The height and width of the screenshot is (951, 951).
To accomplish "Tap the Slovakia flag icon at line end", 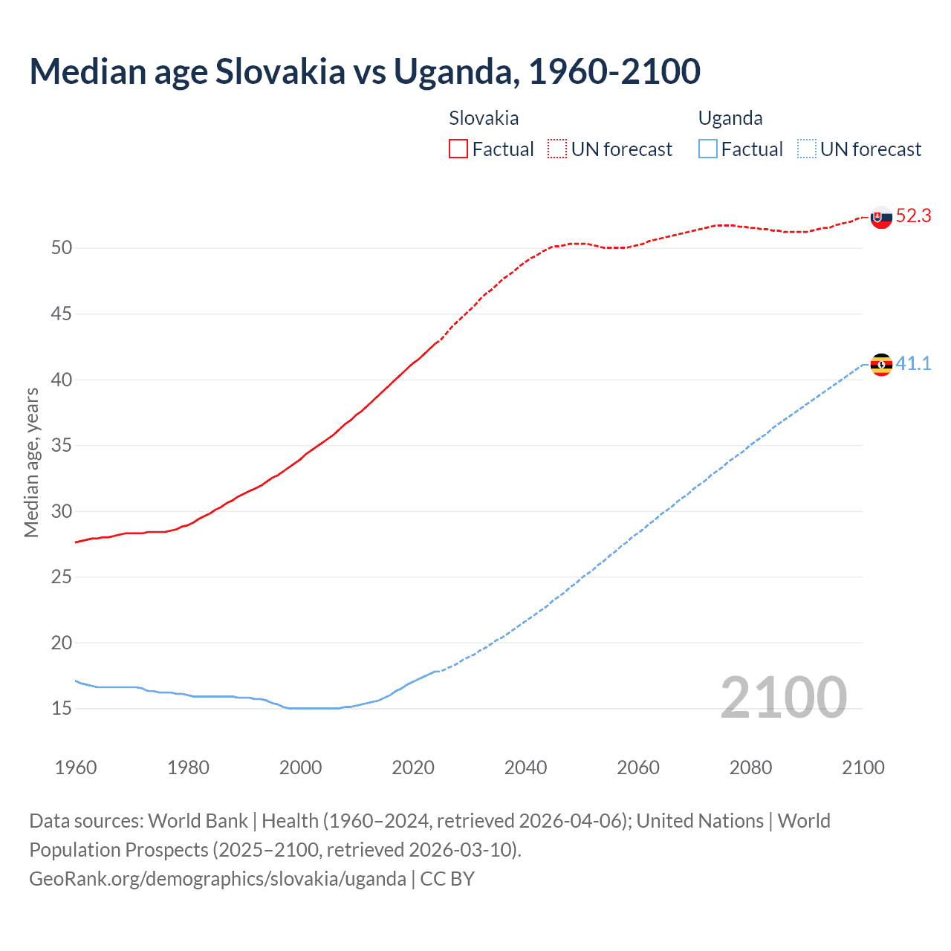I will pos(881,218).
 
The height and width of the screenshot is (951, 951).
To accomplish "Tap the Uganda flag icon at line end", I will pos(881,365).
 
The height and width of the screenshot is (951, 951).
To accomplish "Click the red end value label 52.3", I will pos(913,216).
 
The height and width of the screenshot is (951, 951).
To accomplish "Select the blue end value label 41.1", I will pos(913,363).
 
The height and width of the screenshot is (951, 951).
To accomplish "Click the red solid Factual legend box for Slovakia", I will pos(458,149).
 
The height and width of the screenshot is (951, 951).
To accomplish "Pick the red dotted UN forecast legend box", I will pos(557,149).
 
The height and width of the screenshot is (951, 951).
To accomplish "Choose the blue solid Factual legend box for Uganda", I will pos(708,149).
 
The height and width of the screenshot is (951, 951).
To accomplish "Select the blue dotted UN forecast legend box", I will pos(806,149).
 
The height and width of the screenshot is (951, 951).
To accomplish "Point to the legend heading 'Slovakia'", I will pos(484,118).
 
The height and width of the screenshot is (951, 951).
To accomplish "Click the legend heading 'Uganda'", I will pos(730,118).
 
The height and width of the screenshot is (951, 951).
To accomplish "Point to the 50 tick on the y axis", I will pos(62,248).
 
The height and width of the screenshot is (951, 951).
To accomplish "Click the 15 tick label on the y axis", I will pos(62,709).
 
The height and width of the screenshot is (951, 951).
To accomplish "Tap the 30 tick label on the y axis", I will pos(62,511).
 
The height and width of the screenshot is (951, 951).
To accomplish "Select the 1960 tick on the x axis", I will pos(76,767).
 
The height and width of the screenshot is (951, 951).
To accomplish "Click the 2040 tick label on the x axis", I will pos(525,767).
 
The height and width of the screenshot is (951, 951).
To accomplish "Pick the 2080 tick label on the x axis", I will pos(750,767).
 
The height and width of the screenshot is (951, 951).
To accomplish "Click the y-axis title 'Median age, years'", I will pos(31,462).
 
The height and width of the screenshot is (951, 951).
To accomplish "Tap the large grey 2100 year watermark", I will pos(783,697).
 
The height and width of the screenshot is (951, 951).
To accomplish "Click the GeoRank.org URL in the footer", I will pos(218,879).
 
